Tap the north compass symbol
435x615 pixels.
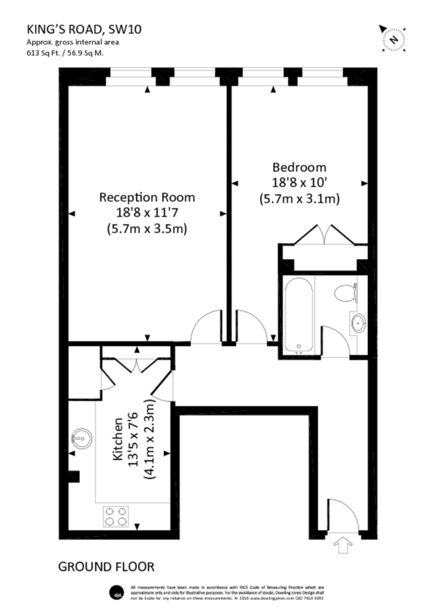click(x=393, y=39)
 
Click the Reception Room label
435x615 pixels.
click(x=147, y=197)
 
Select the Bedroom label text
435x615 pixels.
click(x=299, y=167)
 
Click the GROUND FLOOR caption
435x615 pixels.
click(x=106, y=566)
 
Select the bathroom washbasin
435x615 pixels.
click(x=357, y=323)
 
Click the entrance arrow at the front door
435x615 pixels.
click(x=340, y=545)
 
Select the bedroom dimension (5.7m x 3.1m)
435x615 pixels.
click(x=299, y=200)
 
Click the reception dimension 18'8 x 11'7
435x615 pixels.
click(x=147, y=213)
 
